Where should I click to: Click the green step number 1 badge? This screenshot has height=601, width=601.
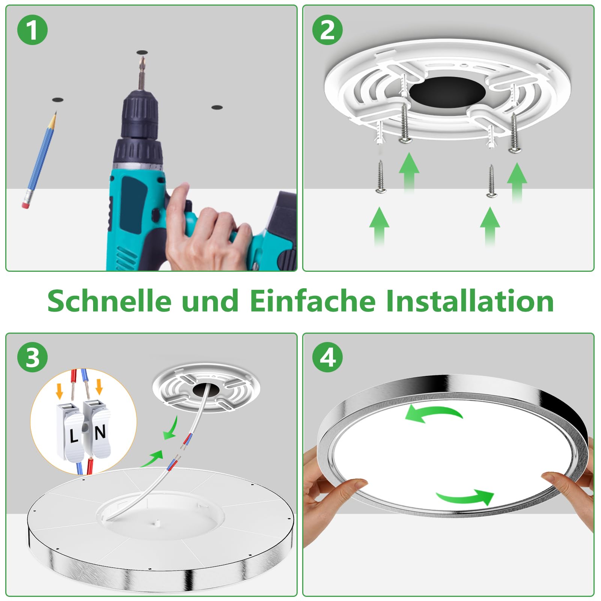[x=32, y=30]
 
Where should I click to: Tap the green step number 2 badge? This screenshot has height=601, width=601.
[x=327, y=30]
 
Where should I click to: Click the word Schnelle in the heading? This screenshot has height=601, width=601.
[x=109, y=300]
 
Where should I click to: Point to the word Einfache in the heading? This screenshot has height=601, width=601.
[x=313, y=300]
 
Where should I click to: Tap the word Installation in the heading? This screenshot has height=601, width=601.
[x=470, y=300]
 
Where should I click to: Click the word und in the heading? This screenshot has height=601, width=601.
[x=210, y=301]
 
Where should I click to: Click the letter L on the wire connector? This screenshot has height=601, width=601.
[x=74, y=436]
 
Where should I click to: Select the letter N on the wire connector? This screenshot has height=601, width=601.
[x=100, y=433]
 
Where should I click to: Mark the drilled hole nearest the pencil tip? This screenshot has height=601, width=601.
[x=57, y=100]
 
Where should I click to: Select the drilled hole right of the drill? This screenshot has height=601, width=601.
[x=217, y=107]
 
